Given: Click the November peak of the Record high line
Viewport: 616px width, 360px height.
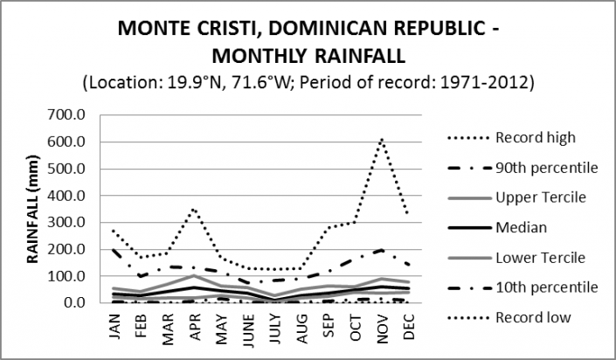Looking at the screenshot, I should (381, 138).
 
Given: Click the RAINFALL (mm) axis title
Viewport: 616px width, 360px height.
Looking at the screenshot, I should (32, 210).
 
